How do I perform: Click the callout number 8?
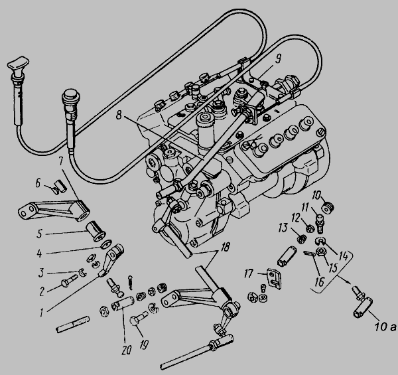[x=119, y=115]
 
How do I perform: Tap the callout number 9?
[x=278, y=59]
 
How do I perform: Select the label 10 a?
[x=385, y=327]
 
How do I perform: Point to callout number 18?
[x=226, y=246]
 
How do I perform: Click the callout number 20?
[x=126, y=350]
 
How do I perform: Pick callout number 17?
[x=249, y=273]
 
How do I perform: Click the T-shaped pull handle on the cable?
[x=18, y=63]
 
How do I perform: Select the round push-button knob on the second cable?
[x=71, y=95]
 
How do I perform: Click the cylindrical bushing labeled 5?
[x=96, y=232]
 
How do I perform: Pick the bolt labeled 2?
[x=69, y=281]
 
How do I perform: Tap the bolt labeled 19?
[x=139, y=317]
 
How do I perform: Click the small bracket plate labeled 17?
[x=274, y=279]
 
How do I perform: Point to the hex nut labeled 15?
[x=320, y=252]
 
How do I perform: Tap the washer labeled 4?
[x=105, y=245]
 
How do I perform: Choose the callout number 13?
[x=283, y=228]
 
